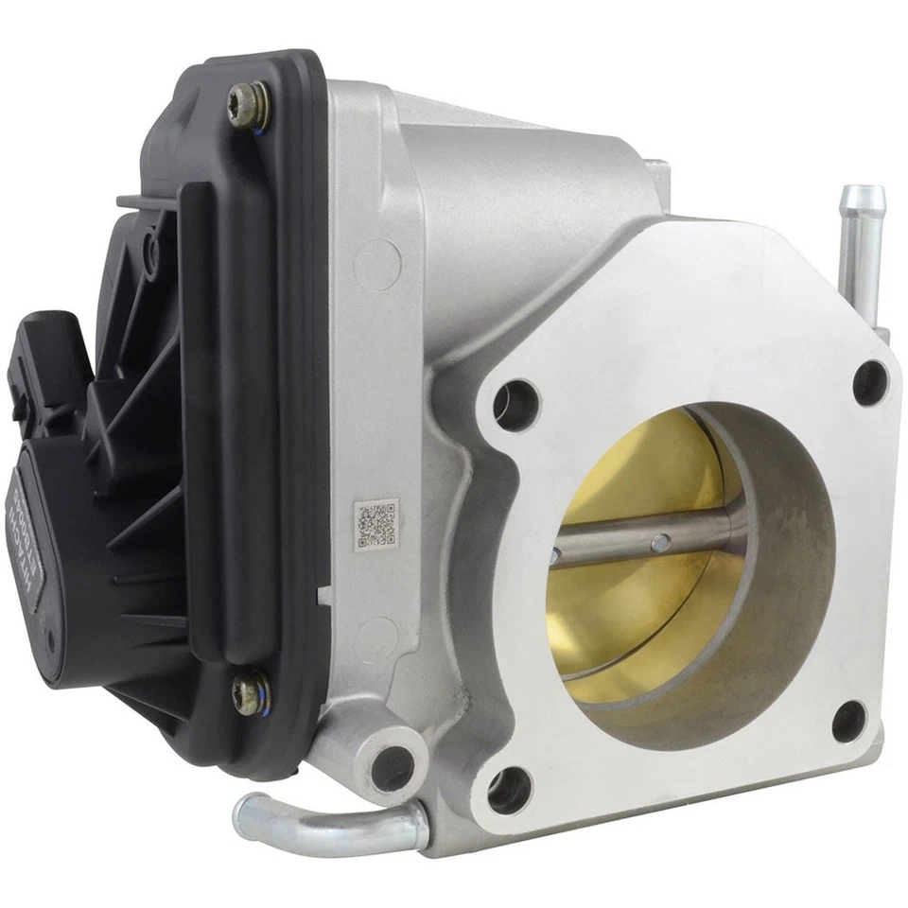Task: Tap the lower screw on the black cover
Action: [x=250, y=693]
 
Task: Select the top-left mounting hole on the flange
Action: [x=516, y=405]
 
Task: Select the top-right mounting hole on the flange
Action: [x=869, y=382]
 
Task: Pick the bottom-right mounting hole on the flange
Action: [x=849, y=722]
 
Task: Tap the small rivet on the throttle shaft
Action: [x=661, y=542]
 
